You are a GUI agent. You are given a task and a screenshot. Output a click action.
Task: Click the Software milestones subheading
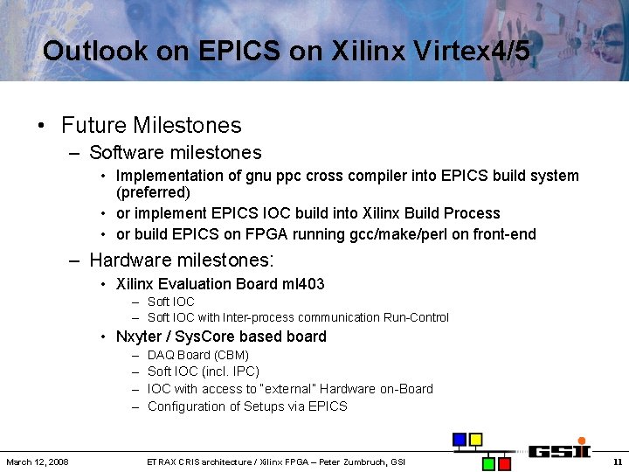coord(175,152)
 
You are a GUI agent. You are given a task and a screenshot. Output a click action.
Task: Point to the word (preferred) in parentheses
coord(153,191)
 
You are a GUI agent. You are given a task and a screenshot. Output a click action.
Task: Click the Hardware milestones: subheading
coord(181,260)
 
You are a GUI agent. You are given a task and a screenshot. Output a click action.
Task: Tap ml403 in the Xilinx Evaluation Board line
coord(303,284)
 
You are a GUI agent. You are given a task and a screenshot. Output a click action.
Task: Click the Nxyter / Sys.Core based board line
coord(221,337)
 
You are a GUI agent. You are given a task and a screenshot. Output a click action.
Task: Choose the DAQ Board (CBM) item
coord(198,355)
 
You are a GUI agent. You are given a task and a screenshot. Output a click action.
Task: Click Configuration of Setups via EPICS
coord(247,406)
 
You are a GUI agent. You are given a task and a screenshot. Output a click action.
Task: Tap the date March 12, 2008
coord(38,462)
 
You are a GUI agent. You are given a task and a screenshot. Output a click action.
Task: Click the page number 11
coord(617,462)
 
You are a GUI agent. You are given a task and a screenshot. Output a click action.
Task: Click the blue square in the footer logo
coord(460,440)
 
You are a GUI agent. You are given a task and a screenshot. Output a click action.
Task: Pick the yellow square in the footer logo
coord(476,440)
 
